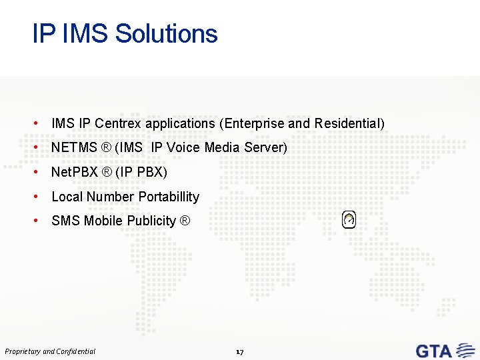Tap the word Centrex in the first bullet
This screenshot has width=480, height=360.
click(118, 123)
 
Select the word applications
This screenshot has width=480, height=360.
click(181, 123)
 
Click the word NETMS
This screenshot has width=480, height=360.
click(73, 147)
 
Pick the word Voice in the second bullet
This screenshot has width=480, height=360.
click(183, 147)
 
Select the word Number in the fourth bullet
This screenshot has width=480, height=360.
click(110, 197)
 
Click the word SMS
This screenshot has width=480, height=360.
click(65, 221)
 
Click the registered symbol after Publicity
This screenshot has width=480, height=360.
click(185, 221)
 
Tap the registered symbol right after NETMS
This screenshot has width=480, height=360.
click(106, 147)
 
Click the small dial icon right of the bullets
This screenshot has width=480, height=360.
click(349, 219)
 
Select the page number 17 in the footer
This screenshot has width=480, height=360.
click(240, 351)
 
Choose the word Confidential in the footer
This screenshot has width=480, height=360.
click(76, 351)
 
